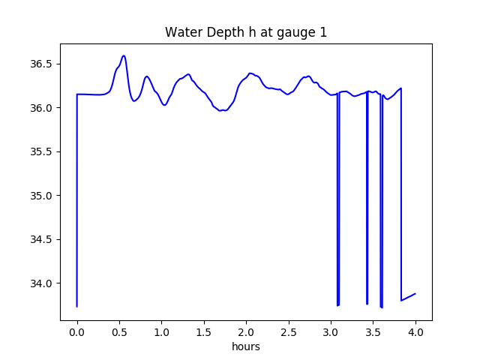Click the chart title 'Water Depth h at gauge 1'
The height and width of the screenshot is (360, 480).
[245, 32]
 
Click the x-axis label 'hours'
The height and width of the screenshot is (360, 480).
[245, 347]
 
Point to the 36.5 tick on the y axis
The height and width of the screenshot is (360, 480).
[40, 64]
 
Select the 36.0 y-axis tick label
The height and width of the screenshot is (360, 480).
[40, 108]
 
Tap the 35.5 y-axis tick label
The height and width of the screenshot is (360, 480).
[40, 151]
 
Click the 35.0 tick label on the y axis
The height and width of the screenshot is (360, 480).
[40, 196]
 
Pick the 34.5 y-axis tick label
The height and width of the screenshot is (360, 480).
[40, 239]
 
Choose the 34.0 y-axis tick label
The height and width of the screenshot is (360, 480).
[40, 283]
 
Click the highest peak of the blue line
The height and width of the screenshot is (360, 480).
[124, 55]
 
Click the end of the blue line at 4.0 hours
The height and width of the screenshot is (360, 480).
[415, 294]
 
